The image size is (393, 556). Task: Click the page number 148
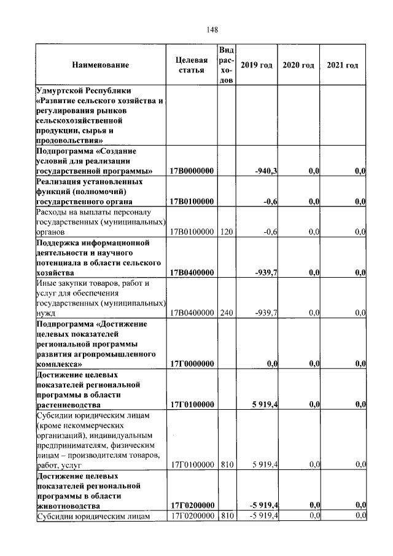213,29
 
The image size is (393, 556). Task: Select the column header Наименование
101,65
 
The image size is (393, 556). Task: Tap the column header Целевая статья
192,65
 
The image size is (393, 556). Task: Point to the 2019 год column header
256,65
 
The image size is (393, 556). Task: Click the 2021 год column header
343,65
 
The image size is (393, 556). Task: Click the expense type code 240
227,313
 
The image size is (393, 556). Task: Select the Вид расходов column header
227,65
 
